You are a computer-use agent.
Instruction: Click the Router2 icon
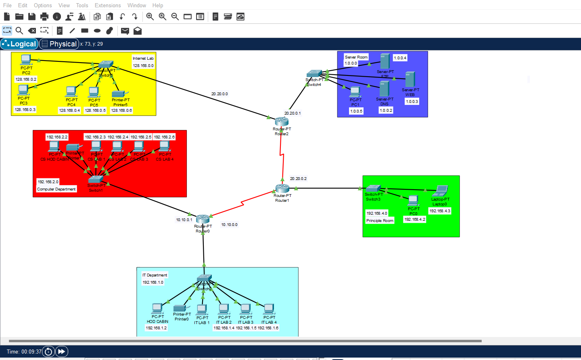(x=282, y=121)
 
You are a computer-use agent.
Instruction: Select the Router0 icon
(x=203, y=219)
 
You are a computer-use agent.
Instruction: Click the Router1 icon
(x=282, y=188)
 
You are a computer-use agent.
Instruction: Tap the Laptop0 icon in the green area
(x=441, y=190)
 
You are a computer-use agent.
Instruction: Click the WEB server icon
(x=410, y=79)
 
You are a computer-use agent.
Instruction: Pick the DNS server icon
(x=384, y=89)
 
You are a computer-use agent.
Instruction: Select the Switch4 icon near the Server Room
(x=314, y=74)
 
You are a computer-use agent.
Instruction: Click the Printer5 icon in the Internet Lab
(x=120, y=94)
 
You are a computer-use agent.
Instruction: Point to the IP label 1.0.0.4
(x=400, y=58)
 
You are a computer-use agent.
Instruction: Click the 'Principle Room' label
(x=380, y=221)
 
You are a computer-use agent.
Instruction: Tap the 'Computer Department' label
(x=56, y=189)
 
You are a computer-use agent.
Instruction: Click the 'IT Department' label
(x=155, y=275)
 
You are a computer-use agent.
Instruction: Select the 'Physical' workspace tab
(x=59, y=44)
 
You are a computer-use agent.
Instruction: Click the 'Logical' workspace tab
(x=19, y=44)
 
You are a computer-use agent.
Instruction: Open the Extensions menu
(x=108, y=5)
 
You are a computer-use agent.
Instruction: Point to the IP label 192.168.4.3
(x=440, y=211)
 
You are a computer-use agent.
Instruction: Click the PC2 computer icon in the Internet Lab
(x=26, y=60)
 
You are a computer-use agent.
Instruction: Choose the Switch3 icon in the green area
(x=373, y=188)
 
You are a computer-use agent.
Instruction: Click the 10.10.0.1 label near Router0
(x=184, y=220)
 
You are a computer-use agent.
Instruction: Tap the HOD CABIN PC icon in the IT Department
(x=157, y=309)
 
